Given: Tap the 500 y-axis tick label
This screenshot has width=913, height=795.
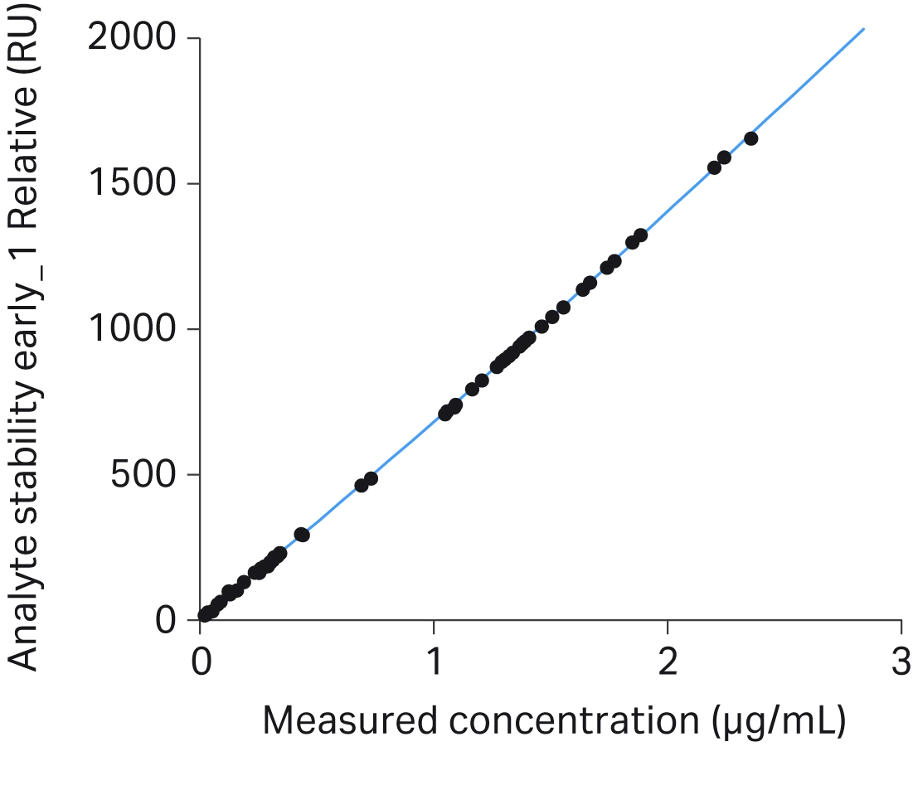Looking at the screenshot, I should pos(146,474).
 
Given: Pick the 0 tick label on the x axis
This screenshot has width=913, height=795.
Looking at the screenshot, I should pos(201,663).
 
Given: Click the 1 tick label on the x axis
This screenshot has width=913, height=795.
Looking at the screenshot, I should pos(434,663).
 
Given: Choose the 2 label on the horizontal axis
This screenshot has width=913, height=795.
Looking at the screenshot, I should pos(668,663).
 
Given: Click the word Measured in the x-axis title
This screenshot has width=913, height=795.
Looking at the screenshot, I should pos(347,721).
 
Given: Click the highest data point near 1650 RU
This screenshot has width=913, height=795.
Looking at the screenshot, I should pos(750,138).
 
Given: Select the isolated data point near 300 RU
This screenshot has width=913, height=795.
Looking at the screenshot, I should pos(302,535).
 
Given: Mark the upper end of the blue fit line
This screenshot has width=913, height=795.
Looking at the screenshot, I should pos(863,29).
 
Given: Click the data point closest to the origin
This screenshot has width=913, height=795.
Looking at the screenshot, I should pos(205,615).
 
